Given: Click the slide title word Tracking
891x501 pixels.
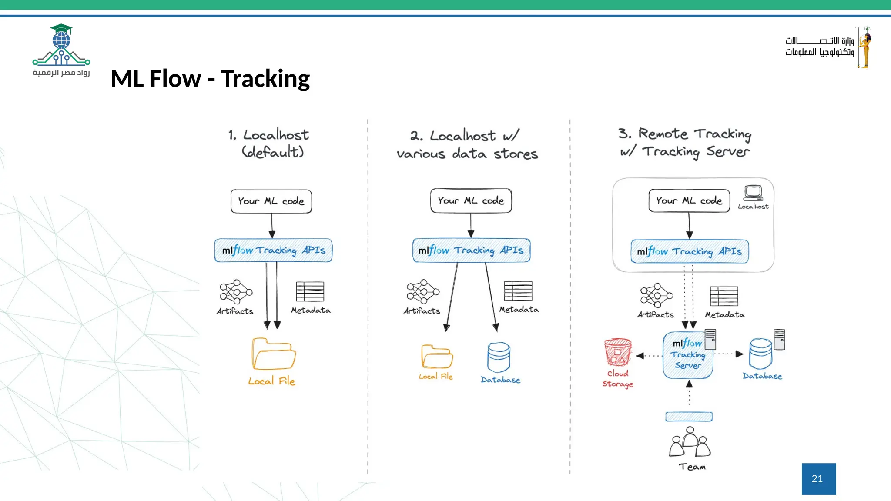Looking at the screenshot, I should click(265, 79).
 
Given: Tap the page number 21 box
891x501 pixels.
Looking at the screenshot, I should click(818, 478).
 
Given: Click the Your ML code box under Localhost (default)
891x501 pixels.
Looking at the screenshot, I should click(271, 201).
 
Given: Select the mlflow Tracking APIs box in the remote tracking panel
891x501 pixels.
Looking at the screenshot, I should click(690, 251).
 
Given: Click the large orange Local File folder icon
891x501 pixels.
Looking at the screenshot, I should click(273, 354).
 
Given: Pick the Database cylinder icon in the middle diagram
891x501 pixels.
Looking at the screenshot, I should click(499, 357).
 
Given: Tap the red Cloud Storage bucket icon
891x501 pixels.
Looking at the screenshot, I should click(617, 352).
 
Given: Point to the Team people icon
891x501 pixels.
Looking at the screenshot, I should click(690, 442).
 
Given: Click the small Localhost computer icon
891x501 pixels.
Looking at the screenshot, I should click(753, 193).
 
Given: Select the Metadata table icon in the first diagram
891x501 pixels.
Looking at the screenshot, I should click(310, 291).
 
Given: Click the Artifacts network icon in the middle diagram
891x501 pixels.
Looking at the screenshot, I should click(422, 291).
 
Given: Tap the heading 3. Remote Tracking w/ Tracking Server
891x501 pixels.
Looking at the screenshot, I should click(685, 143).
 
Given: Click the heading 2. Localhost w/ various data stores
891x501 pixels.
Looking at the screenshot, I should click(467, 144).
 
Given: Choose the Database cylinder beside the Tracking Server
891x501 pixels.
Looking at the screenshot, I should click(760, 353).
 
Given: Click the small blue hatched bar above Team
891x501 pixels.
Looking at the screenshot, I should click(689, 417).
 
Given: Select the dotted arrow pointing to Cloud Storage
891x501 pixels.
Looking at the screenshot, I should click(649, 356).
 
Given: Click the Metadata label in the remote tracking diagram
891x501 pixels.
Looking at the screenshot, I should click(724, 314).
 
